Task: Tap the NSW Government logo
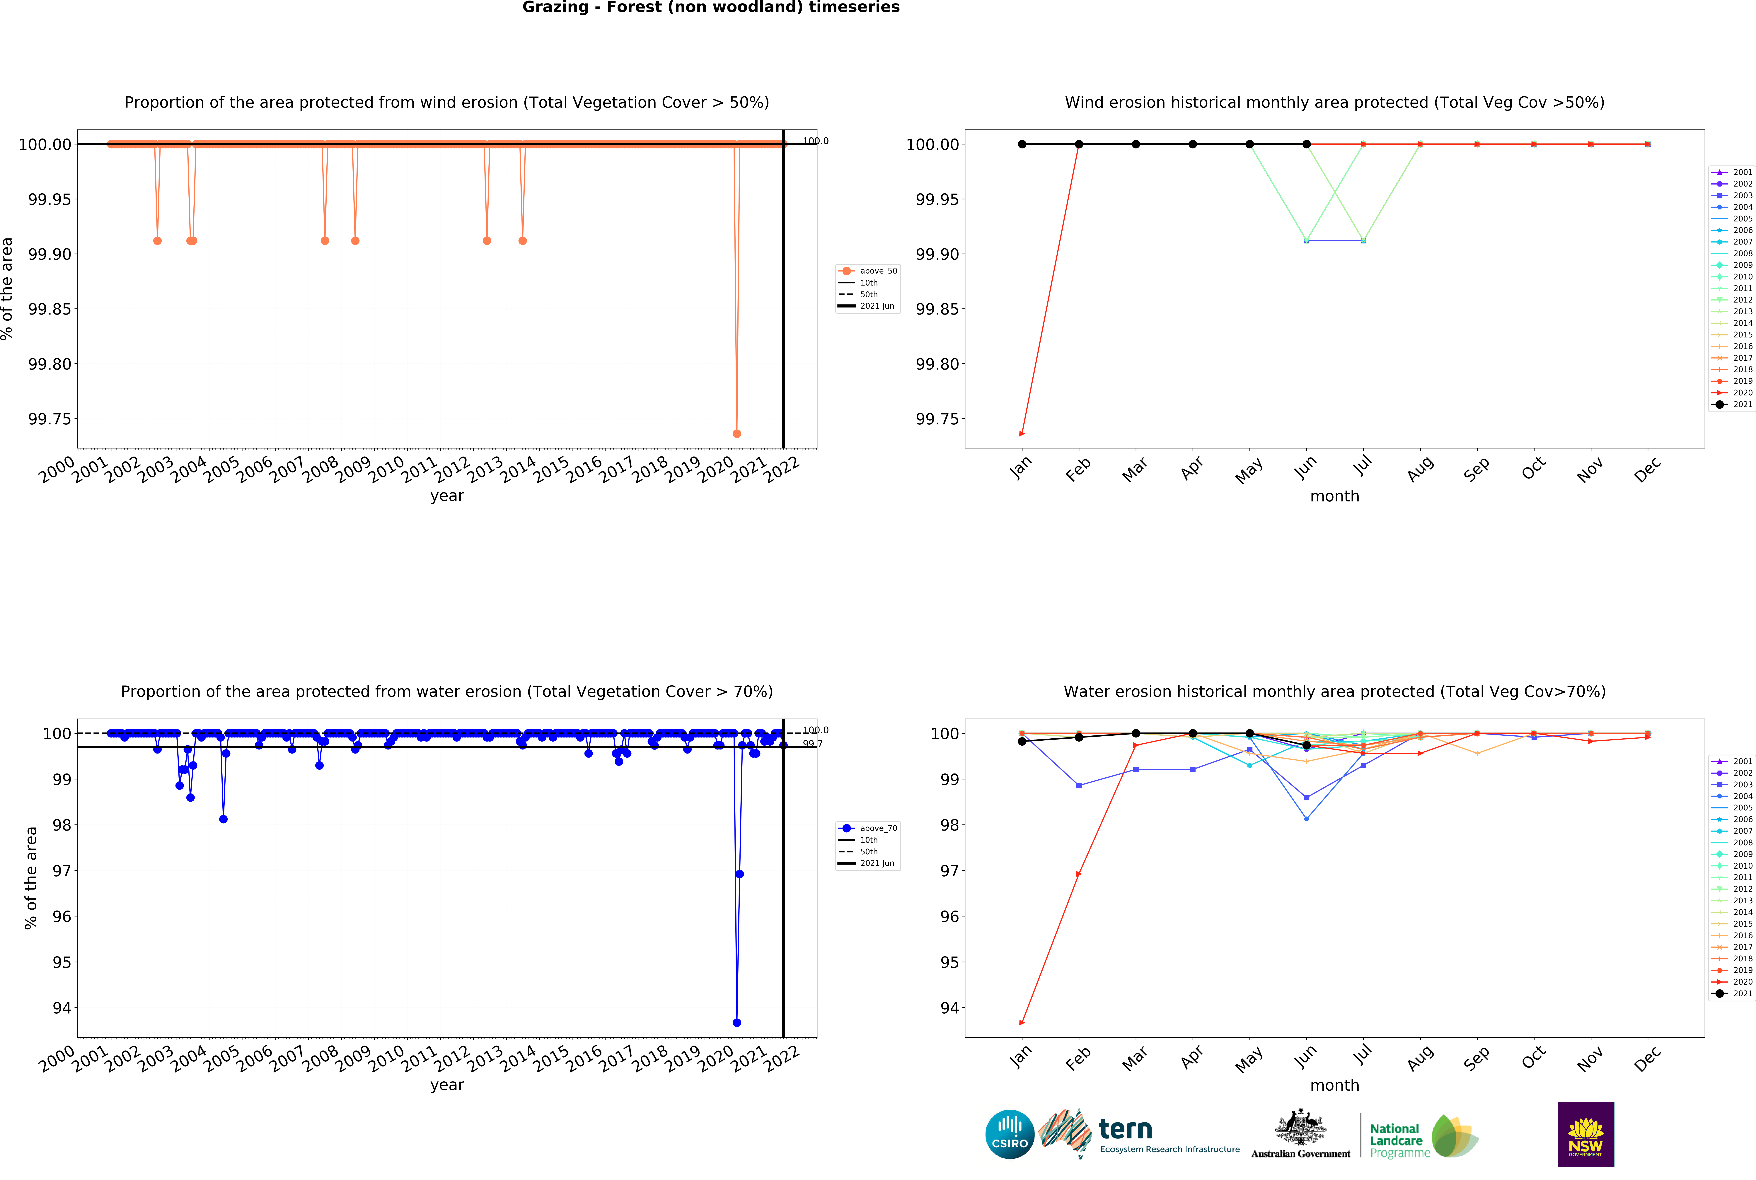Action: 1585,1134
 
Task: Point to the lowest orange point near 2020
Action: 737,433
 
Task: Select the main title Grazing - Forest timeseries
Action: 710,8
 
